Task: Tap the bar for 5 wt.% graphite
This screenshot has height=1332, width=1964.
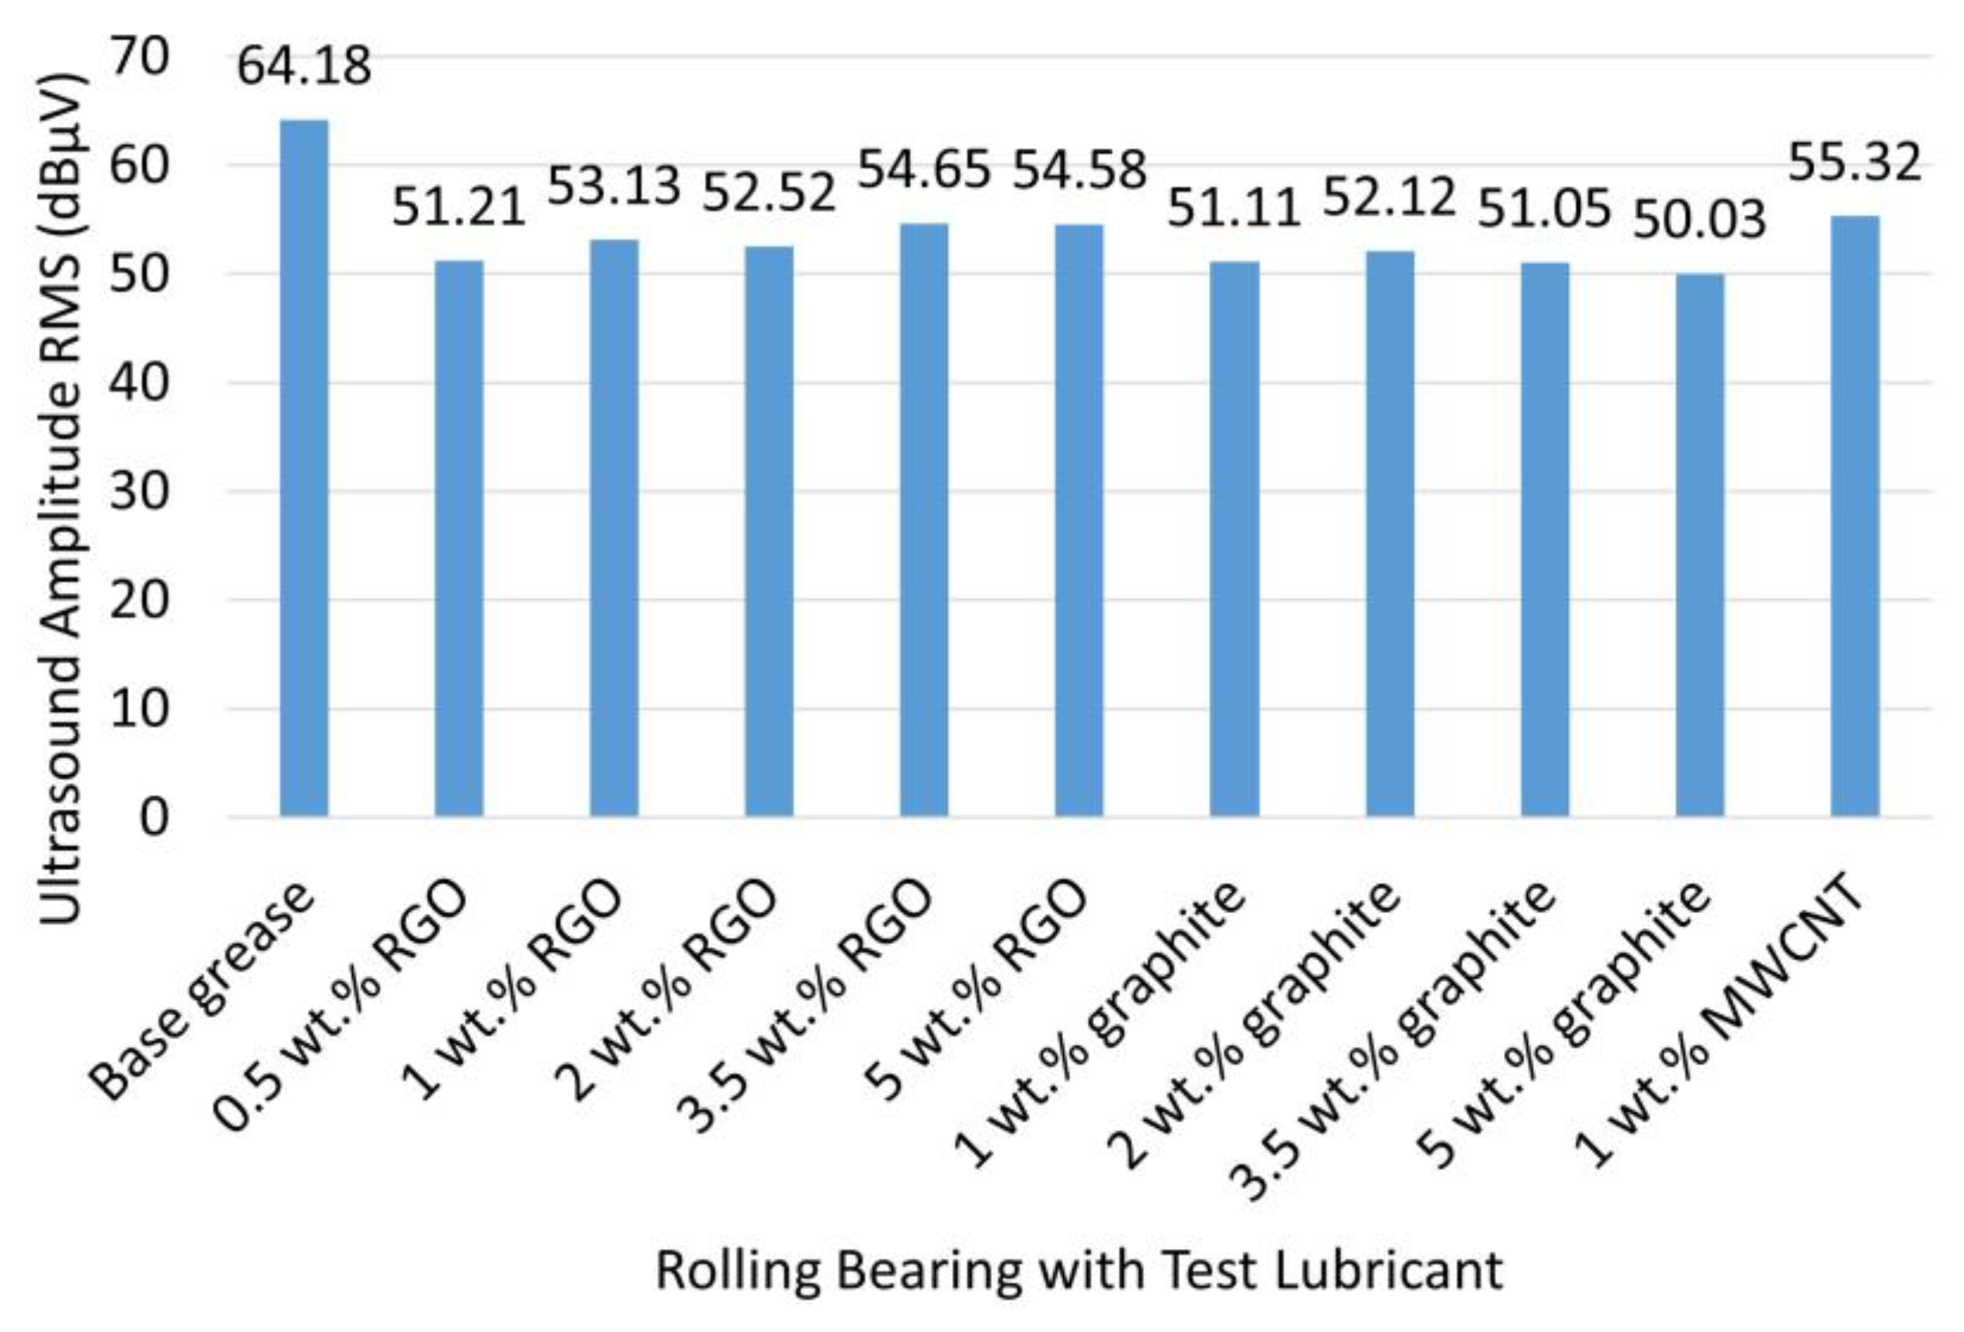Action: click(1700, 544)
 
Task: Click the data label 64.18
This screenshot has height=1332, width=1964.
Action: click(304, 67)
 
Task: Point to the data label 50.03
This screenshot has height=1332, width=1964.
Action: click(1700, 219)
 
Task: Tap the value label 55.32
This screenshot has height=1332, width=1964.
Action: click(1855, 163)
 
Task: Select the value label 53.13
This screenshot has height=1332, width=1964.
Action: click(614, 187)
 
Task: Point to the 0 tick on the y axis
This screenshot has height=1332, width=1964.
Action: click(154, 817)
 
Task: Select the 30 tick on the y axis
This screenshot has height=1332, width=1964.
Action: click(139, 491)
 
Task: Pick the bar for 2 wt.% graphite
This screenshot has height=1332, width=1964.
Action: click(1389, 533)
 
